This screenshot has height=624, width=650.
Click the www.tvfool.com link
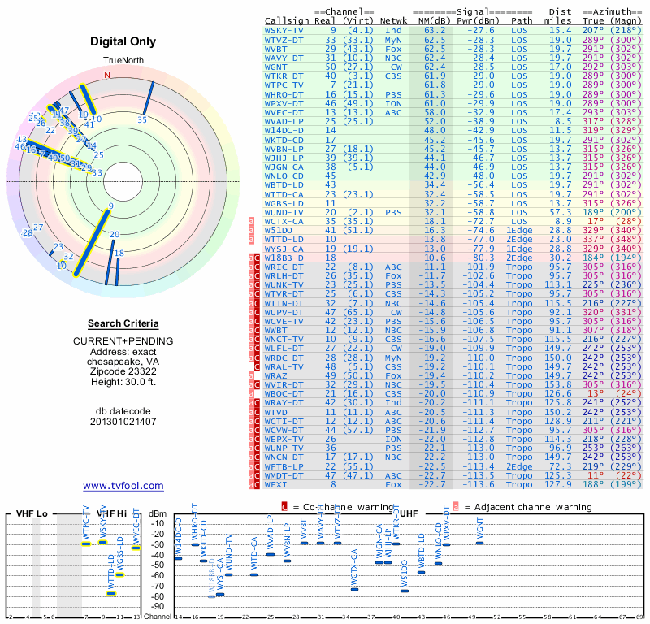point(123,486)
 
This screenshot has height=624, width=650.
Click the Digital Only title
point(123,41)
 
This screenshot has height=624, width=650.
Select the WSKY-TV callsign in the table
point(285,29)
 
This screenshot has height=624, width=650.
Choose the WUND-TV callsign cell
point(285,212)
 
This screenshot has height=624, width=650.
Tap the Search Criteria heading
point(123,323)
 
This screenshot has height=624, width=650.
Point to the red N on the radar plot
point(106,74)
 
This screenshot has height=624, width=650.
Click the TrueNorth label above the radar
point(123,61)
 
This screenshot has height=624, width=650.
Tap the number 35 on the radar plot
point(142,119)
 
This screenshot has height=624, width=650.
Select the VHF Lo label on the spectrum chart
point(32,513)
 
